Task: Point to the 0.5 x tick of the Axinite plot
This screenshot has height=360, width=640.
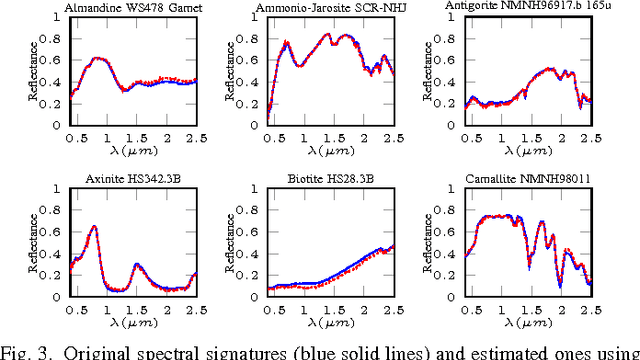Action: point(75,311)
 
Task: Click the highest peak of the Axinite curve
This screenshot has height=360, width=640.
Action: point(94,227)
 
